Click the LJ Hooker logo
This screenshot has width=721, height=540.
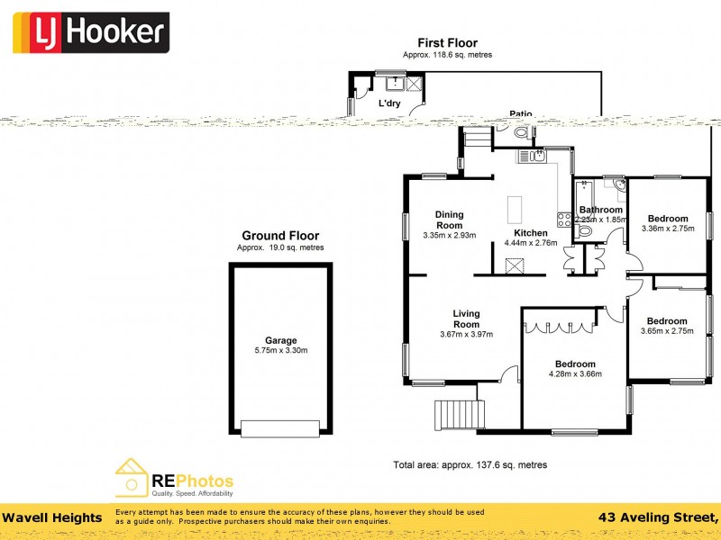point(90,33)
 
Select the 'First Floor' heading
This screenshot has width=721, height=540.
point(447,42)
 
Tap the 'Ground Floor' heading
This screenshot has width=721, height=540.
point(280,236)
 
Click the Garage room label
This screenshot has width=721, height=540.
point(280,340)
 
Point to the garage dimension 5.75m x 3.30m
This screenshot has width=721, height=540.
point(280,350)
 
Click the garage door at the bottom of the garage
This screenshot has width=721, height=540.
point(280,428)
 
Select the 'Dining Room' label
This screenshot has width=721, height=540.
point(449,220)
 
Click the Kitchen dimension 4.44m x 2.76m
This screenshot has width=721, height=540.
point(531,242)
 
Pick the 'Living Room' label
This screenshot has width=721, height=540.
point(466,319)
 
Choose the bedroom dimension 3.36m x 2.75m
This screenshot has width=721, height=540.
point(667,229)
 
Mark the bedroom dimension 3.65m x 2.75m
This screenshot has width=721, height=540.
point(667,331)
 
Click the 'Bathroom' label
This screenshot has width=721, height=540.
point(601,210)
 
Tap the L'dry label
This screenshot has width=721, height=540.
point(388,103)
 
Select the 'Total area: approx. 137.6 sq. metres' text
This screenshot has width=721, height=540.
point(470,465)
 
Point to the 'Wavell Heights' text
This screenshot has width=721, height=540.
point(51,517)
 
